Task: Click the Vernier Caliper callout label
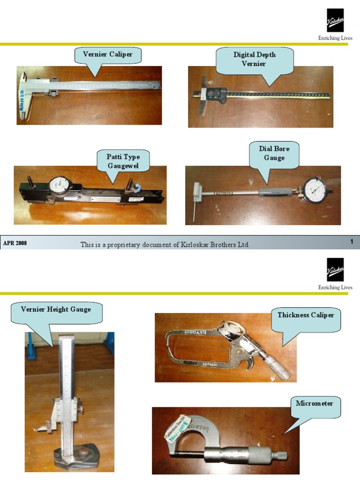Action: pos(108,55)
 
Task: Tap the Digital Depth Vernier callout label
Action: pos(255,59)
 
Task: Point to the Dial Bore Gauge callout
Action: pos(274,153)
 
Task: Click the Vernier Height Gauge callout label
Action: pos(56,310)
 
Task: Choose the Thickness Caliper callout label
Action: pos(306,315)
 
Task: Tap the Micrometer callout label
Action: pos(315,404)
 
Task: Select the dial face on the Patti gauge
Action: pos(60,186)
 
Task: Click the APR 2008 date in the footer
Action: pos(15,243)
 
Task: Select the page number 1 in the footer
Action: pos(351,242)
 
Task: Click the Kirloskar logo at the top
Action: pos(335,21)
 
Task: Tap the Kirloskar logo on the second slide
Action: pos(335,270)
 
